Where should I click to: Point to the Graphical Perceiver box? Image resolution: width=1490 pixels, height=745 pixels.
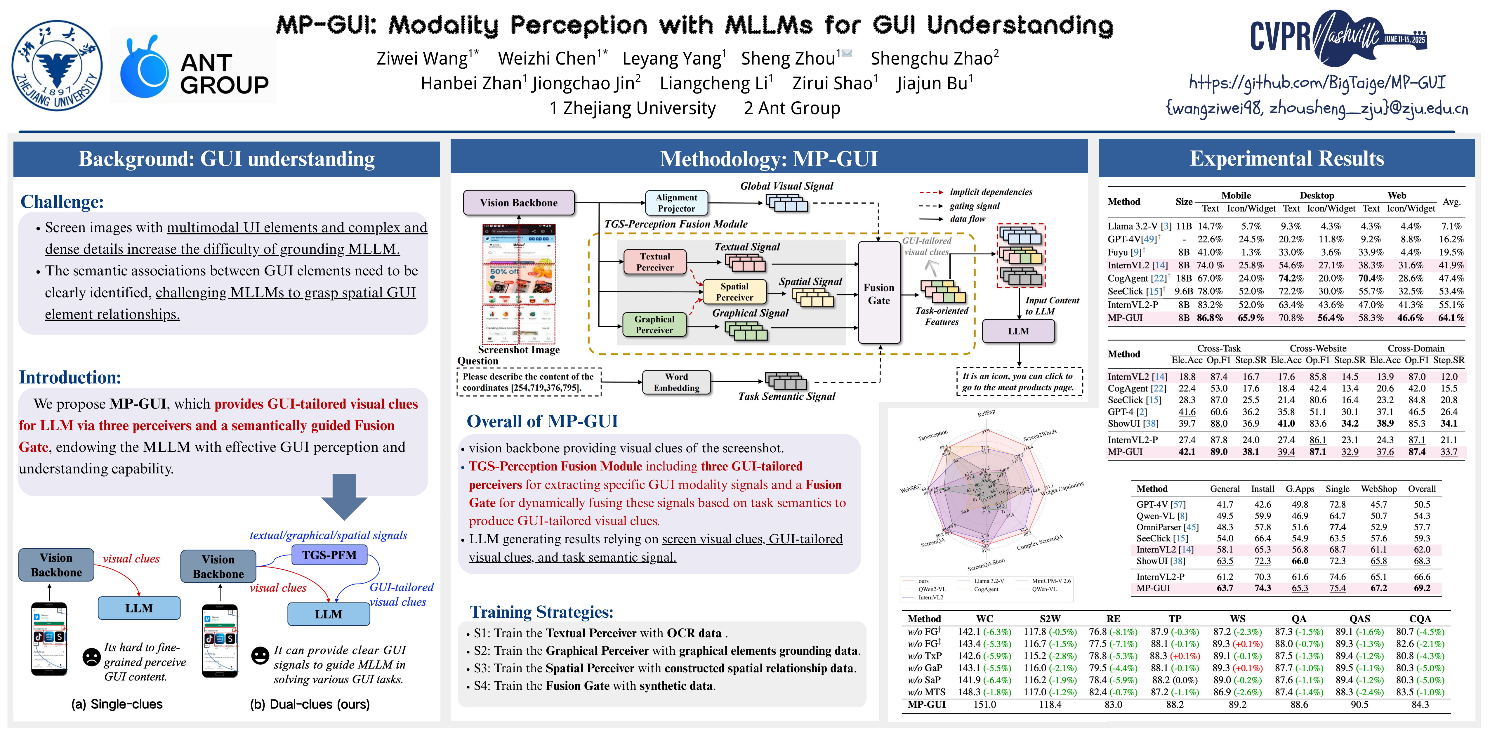click(x=654, y=324)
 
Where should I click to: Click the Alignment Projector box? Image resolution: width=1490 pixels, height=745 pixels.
click(x=676, y=202)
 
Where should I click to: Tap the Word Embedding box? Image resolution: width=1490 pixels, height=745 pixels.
click(x=676, y=382)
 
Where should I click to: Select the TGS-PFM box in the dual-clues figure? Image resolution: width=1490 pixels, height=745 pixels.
click(x=329, y=555)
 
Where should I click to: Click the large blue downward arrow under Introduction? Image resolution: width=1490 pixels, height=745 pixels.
click(x=344, y=496)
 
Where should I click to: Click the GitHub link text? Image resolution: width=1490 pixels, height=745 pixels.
click(x=1317, y=83)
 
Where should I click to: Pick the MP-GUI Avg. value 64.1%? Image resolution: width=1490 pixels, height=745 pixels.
click(x=1451, y=317)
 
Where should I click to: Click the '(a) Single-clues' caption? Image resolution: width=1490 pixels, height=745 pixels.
click(x=117, y=704)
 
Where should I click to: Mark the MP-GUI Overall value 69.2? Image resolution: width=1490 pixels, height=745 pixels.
click(x=1422, y=588)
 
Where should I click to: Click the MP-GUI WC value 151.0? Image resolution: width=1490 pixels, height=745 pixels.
click(x=984, y=704)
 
